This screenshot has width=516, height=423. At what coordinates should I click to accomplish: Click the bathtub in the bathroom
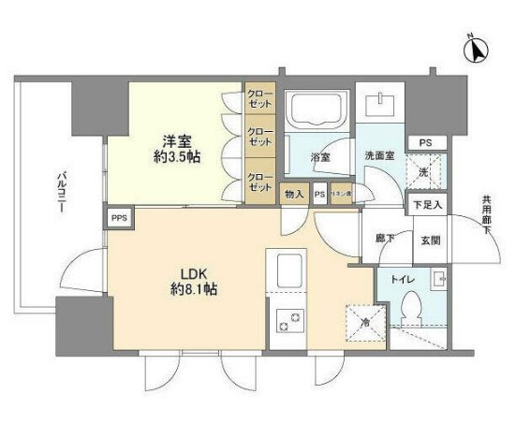pyautogui.click(x=317, y=110)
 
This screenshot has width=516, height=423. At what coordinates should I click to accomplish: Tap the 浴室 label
pyautogui.click(x=319, y=157)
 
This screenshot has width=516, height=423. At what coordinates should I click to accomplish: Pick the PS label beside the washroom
pyautogui.click(x=426, y=142)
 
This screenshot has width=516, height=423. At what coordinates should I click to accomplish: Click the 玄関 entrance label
pyautogui.click(x=431, y=239)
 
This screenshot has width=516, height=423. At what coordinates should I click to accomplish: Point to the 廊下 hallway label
pyautogui.click(x=384, y=239)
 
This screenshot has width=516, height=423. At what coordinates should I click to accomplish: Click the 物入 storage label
pyautogui.click(x=293, y=194)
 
